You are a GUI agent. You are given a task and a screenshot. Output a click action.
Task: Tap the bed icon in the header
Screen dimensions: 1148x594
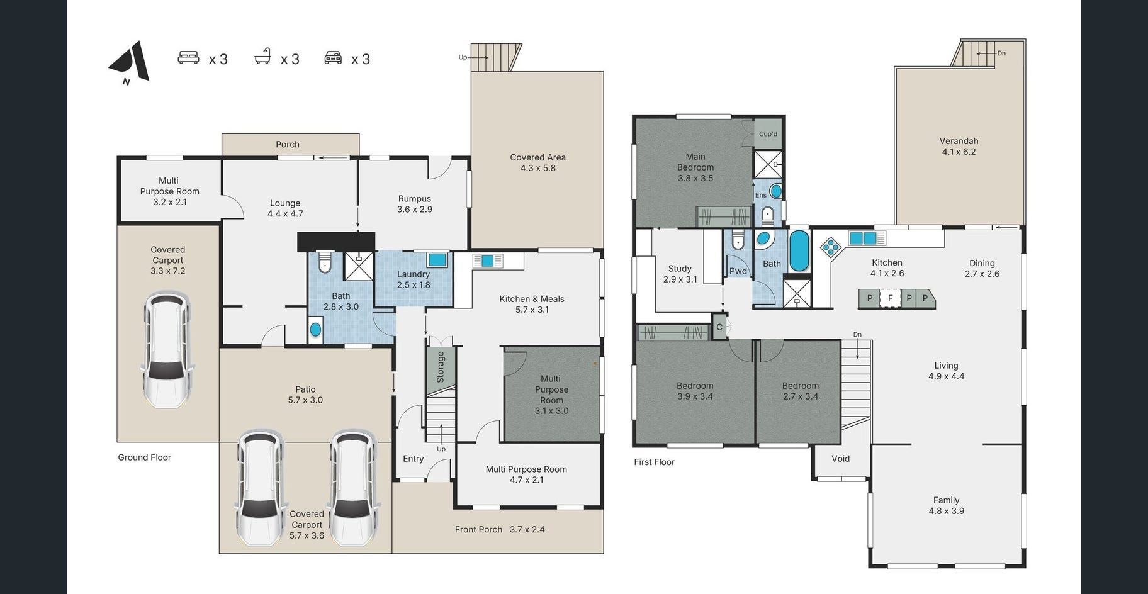(x=188, y=58)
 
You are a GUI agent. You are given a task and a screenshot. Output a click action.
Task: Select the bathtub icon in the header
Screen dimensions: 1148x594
(x=263, y=57)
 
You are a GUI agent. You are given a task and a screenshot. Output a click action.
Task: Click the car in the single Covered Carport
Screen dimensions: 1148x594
(x=167, y=349)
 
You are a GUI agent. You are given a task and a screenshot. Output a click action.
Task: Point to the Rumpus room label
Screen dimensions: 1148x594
(x=414, y=199)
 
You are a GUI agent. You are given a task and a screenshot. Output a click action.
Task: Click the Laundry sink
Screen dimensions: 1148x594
(x=437, y=260)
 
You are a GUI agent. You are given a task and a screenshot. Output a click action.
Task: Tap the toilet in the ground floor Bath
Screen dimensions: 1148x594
(x=324, y=262)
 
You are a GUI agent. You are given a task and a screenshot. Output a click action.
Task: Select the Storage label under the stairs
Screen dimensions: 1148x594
(x=441, y=367)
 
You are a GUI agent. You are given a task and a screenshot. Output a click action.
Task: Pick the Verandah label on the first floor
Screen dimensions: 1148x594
(x=959, y=141)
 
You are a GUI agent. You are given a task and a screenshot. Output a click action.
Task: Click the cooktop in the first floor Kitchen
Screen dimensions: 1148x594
(x=831, y=247)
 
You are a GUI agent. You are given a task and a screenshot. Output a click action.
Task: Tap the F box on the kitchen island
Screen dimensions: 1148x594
(x=890, y=298)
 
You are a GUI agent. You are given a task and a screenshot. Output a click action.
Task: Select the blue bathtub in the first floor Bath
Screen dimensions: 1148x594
(x=799, y=251)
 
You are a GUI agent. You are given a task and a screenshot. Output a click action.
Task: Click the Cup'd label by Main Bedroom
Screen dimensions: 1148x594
(x=768, y=134)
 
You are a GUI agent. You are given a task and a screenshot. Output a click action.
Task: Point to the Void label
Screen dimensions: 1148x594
(x=840, y=459)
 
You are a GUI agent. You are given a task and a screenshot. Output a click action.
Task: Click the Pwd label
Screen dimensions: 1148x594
(x=738, y=271)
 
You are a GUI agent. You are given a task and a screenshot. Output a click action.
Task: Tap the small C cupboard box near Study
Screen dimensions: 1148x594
(x=719, y=327)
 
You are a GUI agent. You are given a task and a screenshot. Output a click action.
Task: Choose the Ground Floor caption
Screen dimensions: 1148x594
(x=144, y=457)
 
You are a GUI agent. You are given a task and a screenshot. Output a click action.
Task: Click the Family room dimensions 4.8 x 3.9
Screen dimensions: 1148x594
(x=947, y=511)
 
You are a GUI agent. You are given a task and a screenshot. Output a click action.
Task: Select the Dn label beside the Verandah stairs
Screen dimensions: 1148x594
(x=1001, y=53)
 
